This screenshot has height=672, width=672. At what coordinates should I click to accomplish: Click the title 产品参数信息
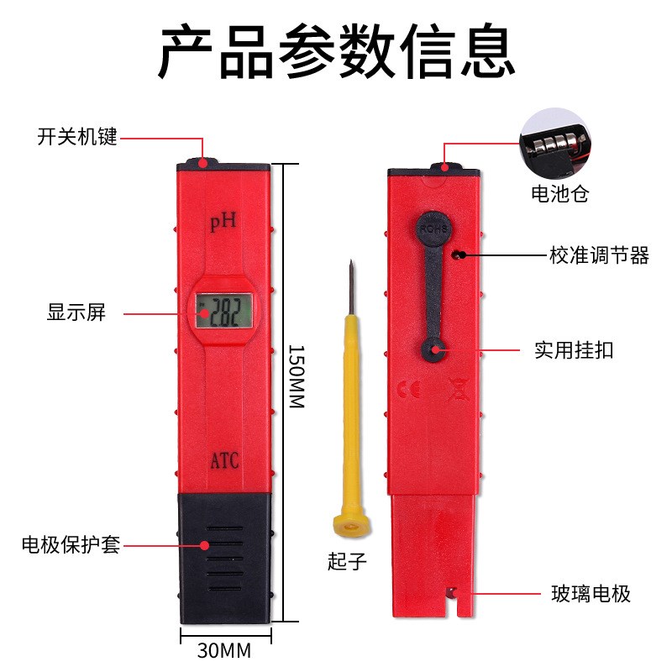(x=336, y=52)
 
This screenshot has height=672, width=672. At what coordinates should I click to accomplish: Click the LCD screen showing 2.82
(x=224, y=312)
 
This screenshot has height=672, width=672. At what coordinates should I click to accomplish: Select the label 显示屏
(x=76, y=313)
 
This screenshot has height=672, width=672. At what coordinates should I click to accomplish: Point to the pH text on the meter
(x=224, y=222)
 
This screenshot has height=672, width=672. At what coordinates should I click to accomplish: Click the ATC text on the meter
(x=224, y=460)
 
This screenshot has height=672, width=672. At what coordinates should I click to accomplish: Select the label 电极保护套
(x=71, y=545)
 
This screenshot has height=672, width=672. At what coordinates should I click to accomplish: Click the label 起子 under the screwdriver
(x=348, y=561)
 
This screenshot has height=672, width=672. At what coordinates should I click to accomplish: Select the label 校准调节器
(x=599, y=255)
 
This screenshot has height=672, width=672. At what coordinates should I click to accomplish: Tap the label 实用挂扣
(x=574, y=350)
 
